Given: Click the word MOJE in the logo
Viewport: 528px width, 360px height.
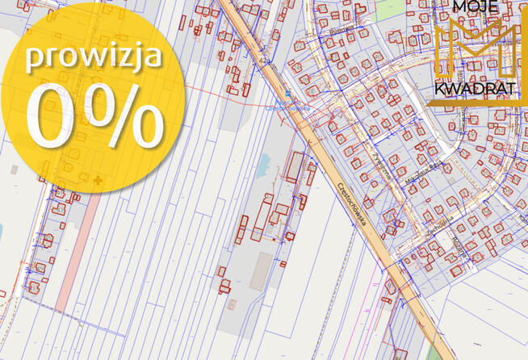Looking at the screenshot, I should coord(476,8).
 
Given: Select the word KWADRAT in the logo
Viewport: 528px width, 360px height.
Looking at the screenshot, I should coord(474,90).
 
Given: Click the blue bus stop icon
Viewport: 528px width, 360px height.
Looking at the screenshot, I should coord(287,94).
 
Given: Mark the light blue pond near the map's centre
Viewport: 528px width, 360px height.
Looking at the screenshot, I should coord(263,166).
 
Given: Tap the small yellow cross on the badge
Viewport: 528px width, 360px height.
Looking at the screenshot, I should coord(98,179).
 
